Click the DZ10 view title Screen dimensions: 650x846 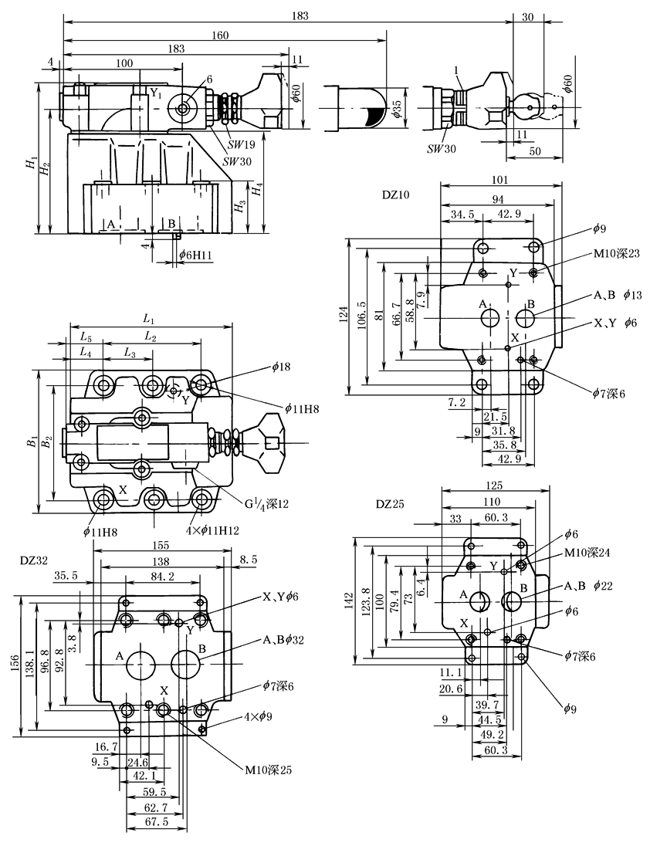click(396, 195)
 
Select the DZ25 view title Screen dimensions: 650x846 click(390, 505)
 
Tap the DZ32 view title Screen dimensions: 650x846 click(34, 560)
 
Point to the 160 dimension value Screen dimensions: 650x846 click(220, 36)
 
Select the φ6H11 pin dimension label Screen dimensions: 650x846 click(195, 254)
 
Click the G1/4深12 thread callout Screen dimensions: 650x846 click(267, 503)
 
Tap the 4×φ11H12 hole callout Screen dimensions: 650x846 click(212, 530)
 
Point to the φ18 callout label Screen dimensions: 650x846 click(281, 367)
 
